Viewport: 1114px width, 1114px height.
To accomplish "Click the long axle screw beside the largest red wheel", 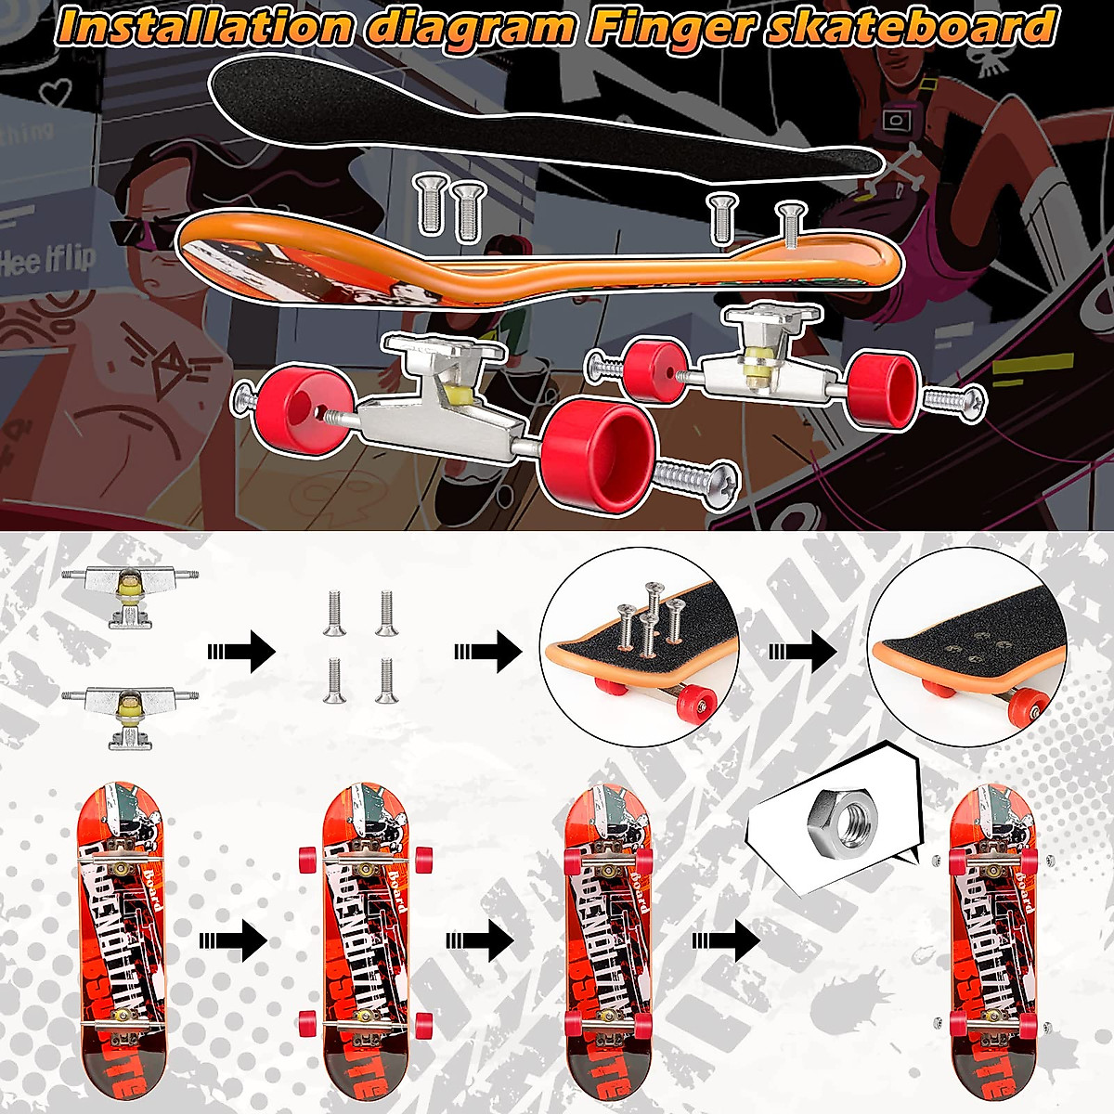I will (x=696, y=481).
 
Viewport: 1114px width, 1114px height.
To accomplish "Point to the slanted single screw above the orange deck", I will (x=789, y=226).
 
